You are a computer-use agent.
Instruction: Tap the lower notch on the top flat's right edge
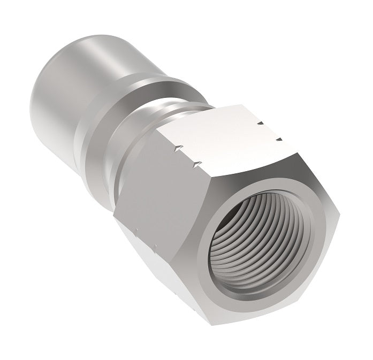(x=278, y=140)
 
